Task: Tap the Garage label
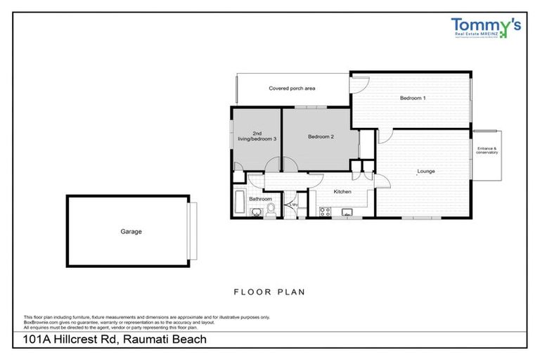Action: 130,231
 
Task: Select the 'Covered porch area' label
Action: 292,89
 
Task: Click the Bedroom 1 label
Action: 413,98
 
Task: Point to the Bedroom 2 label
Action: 321,137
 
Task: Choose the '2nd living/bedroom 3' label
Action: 264,136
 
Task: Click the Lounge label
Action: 426,171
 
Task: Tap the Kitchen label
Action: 342,191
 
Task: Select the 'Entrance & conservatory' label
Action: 487,150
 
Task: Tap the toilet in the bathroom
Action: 271,212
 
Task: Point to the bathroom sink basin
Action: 255,212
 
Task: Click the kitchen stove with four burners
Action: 324,212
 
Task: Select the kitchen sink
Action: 346,212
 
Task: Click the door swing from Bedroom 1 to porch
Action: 359,84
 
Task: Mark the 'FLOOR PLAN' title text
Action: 269,291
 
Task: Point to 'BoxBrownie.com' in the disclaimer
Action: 41,321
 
